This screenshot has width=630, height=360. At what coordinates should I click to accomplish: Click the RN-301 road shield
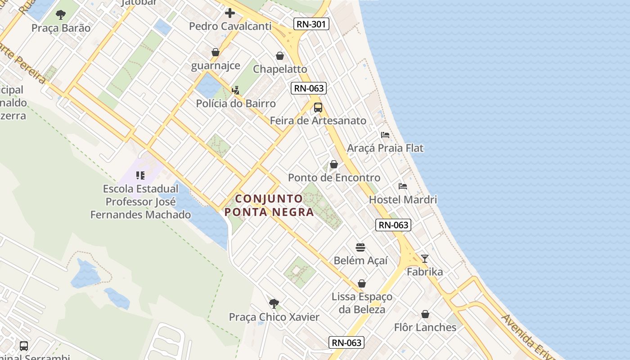[x=311, y=24]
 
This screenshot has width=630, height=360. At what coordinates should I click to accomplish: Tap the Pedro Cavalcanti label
[x=230, y=26]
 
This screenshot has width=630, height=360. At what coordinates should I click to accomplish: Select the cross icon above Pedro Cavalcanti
[x=230, y=13]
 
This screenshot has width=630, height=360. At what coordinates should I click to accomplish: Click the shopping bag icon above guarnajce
[x=216, y=52]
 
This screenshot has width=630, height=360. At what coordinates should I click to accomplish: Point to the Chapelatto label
[x=280, y=69]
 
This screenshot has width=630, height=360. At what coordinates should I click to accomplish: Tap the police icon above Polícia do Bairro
[x=235, y=90]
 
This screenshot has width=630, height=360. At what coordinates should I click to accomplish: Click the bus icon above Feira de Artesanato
[x=318, y=108]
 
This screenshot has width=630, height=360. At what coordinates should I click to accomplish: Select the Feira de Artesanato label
[x=318, y=121]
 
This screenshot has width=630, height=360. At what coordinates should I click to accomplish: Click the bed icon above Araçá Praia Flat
[x=385, y=135]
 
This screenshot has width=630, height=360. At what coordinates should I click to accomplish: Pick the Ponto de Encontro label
[x=334, y=178]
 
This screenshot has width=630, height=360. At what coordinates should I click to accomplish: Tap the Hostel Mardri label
[x=403, y=199]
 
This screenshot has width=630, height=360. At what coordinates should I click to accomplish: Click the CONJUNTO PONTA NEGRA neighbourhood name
[x=269, y=205]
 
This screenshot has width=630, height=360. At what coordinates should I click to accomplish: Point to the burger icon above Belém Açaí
[x=360, y=247]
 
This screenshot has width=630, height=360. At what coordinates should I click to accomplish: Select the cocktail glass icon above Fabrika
[x=424, y=259]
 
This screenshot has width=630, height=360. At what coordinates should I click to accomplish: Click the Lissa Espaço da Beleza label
[x=362, y=303]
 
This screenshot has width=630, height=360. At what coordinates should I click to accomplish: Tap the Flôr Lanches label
[x=425, y=327]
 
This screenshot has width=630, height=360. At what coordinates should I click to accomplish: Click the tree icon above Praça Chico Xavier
[x=274, y=304]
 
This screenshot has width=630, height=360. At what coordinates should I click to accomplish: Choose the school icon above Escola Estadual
[x=140, y=175]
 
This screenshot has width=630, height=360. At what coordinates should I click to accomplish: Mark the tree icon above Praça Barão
[x=61, y=15]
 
